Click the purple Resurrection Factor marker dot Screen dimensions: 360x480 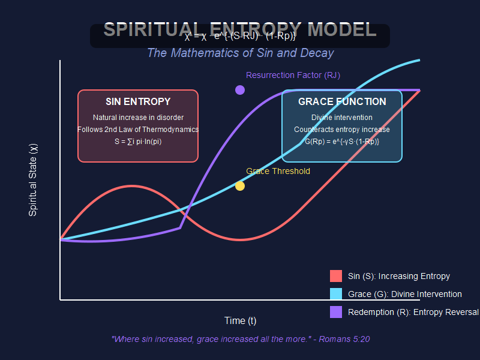click(x=240, y=90)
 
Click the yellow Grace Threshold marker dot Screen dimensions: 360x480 click(x=240, y=186)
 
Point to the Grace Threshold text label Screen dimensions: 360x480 click(x=278, y=171)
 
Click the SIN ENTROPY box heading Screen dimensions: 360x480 click(x=138, y=102)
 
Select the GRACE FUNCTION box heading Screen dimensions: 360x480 click(x=342, y=102)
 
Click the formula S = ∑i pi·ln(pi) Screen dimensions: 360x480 click(x=138, y=142)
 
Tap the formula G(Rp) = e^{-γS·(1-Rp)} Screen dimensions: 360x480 click(x=342, y=142)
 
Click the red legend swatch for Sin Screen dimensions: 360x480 click(x=336, y=276)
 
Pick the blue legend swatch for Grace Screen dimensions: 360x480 click(x=336, y=294)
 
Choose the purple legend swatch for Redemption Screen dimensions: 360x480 click(x=336, y=312)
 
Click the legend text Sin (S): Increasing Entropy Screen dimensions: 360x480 click(x=399, y=277)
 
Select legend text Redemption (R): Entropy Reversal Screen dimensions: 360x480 click(x=413, y=313)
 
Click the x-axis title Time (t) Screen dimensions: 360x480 click(x=240, y=320)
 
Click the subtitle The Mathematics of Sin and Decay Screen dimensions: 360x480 click(x=240, y=53)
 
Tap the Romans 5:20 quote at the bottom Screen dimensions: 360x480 click(x=241, y=340)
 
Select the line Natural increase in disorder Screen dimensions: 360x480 click(x=138, y=118)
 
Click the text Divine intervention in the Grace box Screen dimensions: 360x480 click(x=342, y=118)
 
